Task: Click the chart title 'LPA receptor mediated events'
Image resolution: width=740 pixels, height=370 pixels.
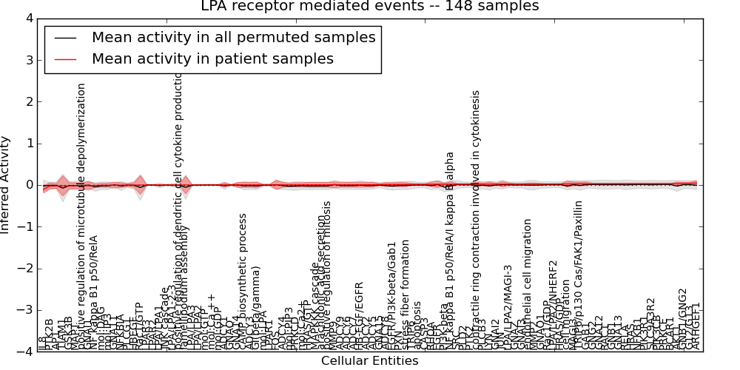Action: tap(370, 7)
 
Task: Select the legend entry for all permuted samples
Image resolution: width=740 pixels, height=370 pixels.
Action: tap(233, 37)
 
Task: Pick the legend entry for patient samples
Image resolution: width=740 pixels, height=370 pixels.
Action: tap(212, 58)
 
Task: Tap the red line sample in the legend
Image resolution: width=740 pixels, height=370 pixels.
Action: tap(64, 59)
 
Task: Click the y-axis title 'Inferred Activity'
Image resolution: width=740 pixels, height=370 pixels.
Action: tap(6, 185)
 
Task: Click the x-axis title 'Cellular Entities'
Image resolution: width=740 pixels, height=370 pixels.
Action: tap(369, 361)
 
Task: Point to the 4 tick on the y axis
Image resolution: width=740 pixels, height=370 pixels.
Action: tap(29, 18)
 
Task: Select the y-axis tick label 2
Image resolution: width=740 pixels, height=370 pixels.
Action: tap(29, 101)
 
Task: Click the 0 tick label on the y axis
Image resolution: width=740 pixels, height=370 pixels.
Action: tap(29, 185)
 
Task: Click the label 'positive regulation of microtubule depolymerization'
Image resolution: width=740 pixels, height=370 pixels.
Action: tap(82, 215)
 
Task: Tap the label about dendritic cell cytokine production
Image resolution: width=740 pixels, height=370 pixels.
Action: tap(178, 222)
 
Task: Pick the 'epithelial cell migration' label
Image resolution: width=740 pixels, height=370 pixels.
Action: tap(528, 285)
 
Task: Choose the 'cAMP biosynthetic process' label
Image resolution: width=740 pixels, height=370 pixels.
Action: tap(242, 281)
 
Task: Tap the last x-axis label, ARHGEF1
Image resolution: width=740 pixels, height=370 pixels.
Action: tap(695, 326)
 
